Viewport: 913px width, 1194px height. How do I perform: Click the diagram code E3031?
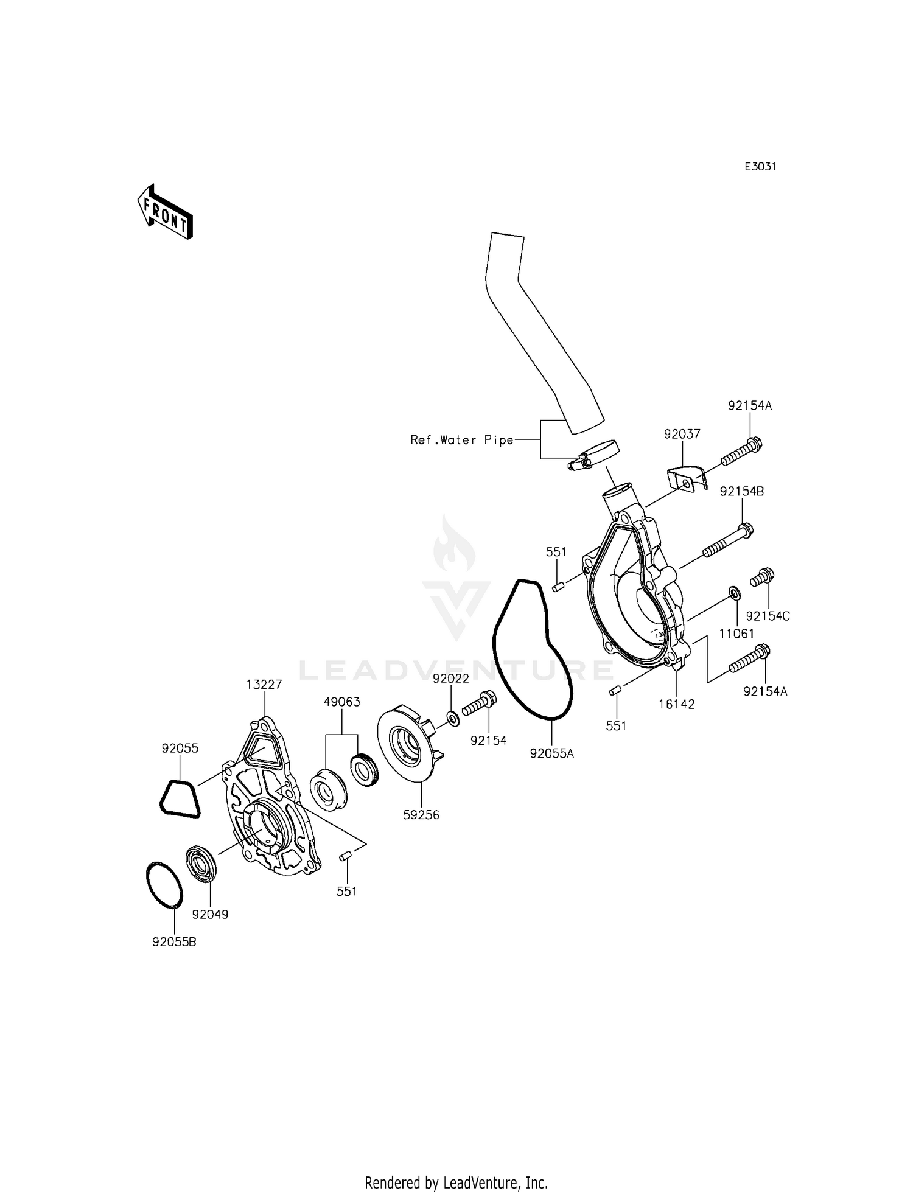click(x=760, y=167)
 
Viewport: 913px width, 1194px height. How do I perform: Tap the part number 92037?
click(x=682, y=434)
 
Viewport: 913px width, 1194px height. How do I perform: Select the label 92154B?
click(x=742, y=491)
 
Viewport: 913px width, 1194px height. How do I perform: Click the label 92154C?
click(x=768, y=616)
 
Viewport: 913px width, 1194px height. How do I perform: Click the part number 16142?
click(x=676, y=704)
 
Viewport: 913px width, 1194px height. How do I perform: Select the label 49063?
click(x=341, y=702)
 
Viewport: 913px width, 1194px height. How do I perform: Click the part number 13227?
click(x=264, y=684)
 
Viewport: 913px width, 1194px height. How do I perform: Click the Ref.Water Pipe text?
click(x=462, y=440)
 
